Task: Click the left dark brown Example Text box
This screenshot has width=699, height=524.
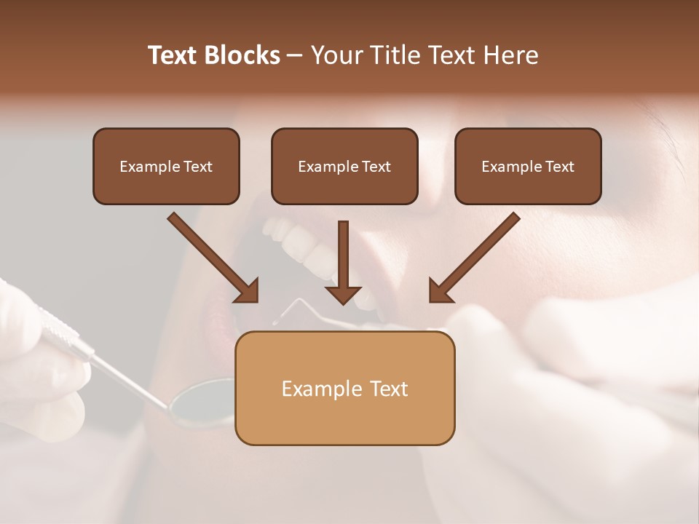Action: pyautogui.click(x=166, y=166)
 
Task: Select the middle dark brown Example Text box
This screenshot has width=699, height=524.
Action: pyautogui.click(x=344, y=166)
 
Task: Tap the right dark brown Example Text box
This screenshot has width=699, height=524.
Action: pyautogui.click(x=528, y=166)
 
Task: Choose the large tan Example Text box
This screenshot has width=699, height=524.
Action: pyautogui.click(x=344, y=388)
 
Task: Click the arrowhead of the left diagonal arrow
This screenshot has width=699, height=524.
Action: pyautogui.click(x=247, y=290)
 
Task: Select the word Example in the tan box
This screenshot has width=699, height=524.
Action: pyautogui.click(x=314, y=389)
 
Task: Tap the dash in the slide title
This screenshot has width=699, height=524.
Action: pyautogui.click(x=295, y=55)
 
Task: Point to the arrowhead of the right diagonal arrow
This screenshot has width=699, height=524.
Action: pyautogui.click(x=441, y=290)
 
